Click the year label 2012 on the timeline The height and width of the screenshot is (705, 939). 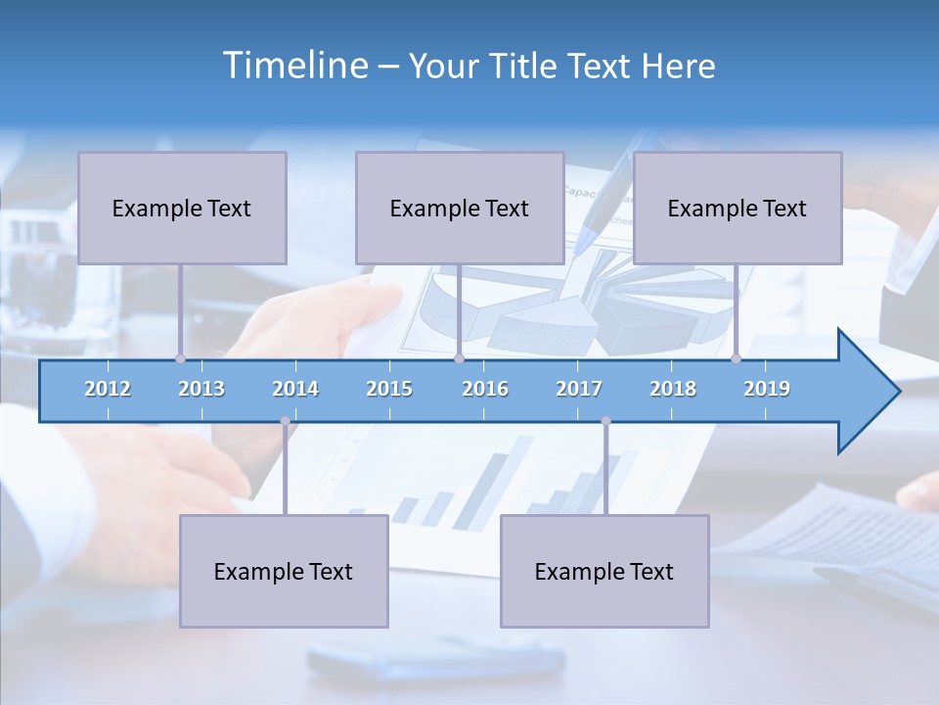[x=108, y=389]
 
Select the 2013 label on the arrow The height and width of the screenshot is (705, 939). [x=201, y=389]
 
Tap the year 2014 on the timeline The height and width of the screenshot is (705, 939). [x=295, y=389]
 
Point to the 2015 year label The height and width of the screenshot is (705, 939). [x=389, y=389]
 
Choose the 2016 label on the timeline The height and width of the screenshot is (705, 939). [x=485, y=389]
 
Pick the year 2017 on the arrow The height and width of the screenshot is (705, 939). [x=579, y=389]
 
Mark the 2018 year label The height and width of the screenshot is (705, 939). [x=673, y=389]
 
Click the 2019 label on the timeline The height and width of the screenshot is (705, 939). [x=767, y=389]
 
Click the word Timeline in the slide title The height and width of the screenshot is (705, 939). [x=293, y=66]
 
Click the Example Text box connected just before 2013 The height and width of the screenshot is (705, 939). [x=182, y=208]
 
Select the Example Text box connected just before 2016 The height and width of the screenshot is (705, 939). [x=460, y=208]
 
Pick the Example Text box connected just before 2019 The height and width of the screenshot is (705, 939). [x=738, y=208]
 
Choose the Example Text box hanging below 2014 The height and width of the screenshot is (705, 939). [x=284, y=571]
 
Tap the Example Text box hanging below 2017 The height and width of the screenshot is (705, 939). [x=604, y=571]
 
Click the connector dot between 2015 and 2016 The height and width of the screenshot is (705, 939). [x=459, y=358]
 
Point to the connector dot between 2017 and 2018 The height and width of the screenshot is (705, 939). [x=605, y=421]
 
